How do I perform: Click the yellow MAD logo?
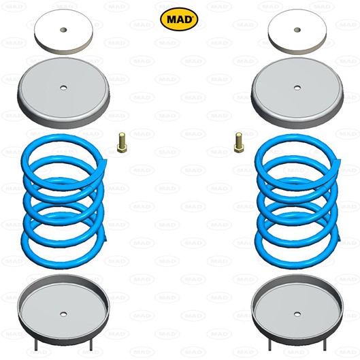point(179,19)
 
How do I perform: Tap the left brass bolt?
point(121,142)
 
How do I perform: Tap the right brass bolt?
point(239,142)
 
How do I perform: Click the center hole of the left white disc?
point(63,30)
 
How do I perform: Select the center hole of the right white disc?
point(297,30)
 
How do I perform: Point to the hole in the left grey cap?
point(63,88)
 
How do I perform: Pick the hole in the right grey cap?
point(297,88)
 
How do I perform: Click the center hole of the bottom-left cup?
point(63,314)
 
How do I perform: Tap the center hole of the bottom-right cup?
point(297,314)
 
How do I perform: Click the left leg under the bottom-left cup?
point(36,345)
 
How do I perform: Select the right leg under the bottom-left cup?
point(91,345)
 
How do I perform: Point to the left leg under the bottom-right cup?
point(269,345)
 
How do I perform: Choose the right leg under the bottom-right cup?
point(325,345)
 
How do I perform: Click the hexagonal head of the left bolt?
point(121,148)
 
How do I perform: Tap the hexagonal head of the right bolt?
point(239,148)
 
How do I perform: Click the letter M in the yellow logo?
point(171,20)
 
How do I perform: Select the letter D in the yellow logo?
point(187,20)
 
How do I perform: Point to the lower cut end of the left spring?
point(105,238)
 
